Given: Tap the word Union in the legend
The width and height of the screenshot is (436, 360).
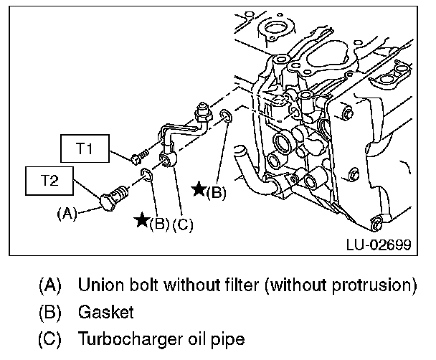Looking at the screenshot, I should [x=102, y=286].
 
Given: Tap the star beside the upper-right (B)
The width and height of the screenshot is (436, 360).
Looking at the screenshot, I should [x=199, y=189].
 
